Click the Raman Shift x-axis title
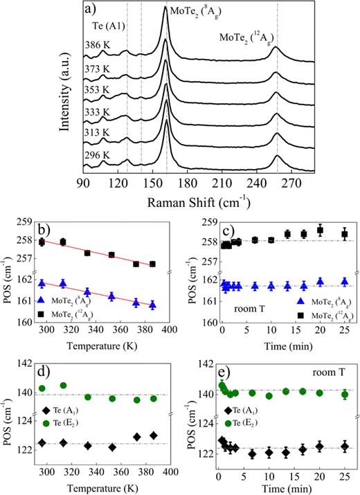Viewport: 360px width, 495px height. [190, 204]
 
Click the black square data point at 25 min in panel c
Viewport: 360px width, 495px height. [345, 234]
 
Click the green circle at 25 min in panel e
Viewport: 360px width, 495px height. [345, 395]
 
